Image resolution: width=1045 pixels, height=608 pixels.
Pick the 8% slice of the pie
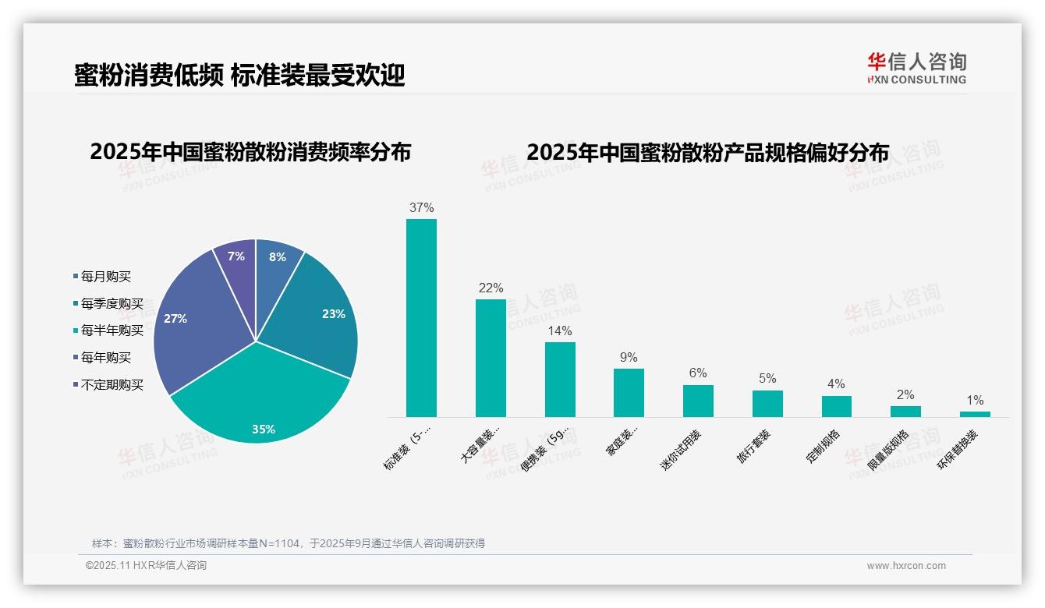(x=276, y=261)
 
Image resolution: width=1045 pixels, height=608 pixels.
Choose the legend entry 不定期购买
(x=112, y=385)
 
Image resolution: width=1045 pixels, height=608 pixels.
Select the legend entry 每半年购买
(x=112, y=331)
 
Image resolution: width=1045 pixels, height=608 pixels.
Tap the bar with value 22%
(x=491, y=359)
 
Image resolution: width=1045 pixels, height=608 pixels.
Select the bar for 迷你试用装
(x=698, y=401)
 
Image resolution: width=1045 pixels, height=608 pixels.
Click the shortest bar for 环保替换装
(x=975, y=414)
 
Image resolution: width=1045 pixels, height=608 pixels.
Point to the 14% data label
(x=560, y=331)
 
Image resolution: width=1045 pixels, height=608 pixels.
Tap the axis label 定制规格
(x=823, y=447)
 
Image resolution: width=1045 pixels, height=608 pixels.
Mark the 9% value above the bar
(x=629, y=358)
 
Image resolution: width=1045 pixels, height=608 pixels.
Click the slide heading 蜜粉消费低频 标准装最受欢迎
(x=239, y=76)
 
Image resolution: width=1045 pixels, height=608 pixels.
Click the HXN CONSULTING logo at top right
(x=916, y=69)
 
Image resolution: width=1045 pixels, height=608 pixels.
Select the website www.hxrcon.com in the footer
(x=906, y=566)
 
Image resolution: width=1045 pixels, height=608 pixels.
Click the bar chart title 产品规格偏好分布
(x=707, y=153)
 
